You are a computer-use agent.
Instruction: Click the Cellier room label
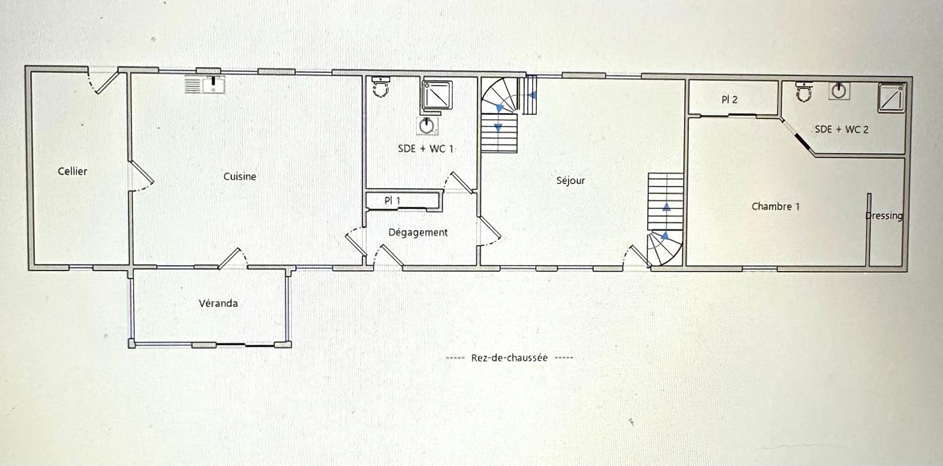click(x=72, y=171)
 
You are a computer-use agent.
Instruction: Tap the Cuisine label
click(x=240, y=176)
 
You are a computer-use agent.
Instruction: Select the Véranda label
click(x=218, y=303)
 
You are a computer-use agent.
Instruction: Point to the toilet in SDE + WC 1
click(x=382, y=88)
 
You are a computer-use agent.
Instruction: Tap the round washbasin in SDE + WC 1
click(x=428, y=125)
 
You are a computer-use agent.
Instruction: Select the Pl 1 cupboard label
click(x=393, y=201)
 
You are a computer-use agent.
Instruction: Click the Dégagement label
click(x=418, y=233)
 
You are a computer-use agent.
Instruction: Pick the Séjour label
click(x=571, y=180)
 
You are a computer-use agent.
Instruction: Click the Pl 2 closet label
click(x=730, y=100)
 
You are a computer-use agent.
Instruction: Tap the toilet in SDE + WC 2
click(x=804, y=91)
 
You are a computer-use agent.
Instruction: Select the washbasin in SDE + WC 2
click(x=839, y=91)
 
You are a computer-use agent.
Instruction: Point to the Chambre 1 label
click(x=776, y=207)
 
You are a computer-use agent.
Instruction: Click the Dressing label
click(x=884, y=216)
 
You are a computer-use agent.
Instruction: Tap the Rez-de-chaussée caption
click(x=509, y=358)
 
